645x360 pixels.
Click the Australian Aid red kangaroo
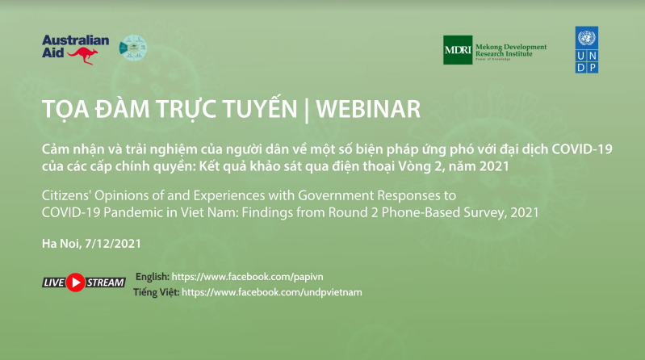coord(83,56)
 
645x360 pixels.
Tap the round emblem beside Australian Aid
coord(133,48)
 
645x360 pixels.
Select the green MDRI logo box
coord(458,50)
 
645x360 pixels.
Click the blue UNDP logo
coord(587,50)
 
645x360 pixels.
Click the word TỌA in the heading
coord(64,108)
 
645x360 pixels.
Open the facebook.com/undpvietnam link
coord(272,291)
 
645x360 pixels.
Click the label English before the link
coord(153,276)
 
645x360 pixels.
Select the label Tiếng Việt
coord(156,291)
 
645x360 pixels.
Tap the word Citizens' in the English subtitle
coord(70,196)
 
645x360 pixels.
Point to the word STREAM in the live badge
coord(105,283)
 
